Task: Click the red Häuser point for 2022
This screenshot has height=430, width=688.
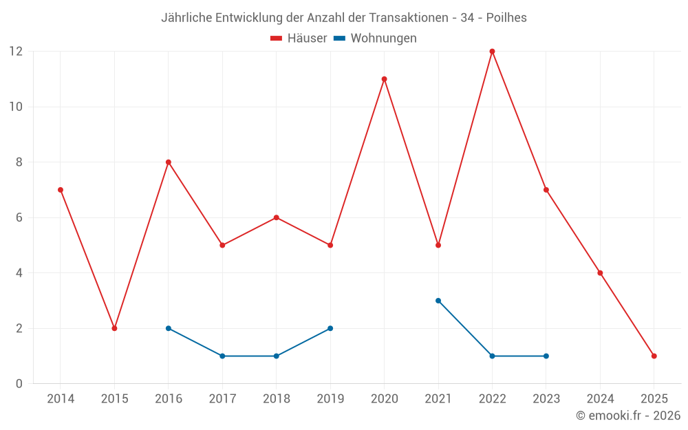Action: (492, 52)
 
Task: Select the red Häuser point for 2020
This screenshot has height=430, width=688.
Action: (384, 79)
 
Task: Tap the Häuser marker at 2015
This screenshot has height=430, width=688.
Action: (114, 328)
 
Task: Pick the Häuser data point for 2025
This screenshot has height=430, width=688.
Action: (654, 356)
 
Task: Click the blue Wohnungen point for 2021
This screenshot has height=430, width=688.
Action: (438, 301)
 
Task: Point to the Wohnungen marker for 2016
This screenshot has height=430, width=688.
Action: (169, 328)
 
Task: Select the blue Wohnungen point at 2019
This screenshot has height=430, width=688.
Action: (330, 328)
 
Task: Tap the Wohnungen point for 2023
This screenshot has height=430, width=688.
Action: (546, 356)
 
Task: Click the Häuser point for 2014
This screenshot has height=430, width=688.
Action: (61, 190)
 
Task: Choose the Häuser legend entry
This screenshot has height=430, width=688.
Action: (299, 39)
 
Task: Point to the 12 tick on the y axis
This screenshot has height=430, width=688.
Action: (16, 52)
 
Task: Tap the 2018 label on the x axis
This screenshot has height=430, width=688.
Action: (276, 399)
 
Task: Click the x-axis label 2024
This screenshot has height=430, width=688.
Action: (600, 399)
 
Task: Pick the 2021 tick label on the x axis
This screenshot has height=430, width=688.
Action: (438, 399)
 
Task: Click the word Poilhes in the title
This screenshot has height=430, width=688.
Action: (506, 18)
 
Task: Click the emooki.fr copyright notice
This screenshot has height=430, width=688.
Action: (628, 416)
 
